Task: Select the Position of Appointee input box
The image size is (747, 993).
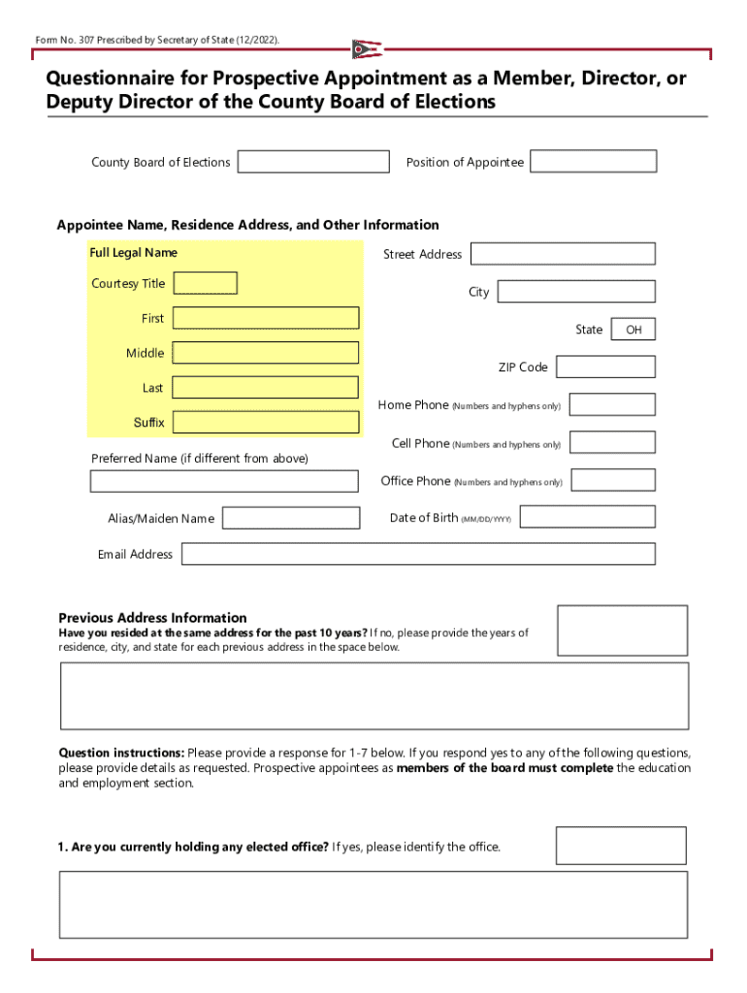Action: pos(593,161)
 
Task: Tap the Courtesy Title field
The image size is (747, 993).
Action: pos(205,283)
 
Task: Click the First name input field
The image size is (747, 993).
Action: pos(265,318)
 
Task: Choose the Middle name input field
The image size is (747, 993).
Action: pos(265,353)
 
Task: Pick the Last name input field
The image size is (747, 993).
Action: pos(265,388)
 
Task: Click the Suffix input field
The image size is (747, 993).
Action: pos(265,422)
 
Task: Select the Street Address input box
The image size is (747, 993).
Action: pos(563,254)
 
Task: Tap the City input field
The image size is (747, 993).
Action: pos(576,291)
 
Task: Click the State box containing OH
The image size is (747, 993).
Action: pos(633,330)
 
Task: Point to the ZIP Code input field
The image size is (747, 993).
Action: pos(605,367)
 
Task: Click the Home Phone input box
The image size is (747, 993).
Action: pos(612,404)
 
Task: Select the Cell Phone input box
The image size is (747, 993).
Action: pos(612,442)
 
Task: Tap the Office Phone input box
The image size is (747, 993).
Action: pos(612,480)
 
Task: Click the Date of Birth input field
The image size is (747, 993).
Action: pos(589,517)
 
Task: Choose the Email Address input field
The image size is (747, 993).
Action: pos(418,554)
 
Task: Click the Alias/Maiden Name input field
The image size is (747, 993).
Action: pos(291,518)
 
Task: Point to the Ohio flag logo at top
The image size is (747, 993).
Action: pos(367,48)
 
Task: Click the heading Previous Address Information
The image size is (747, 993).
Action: pos(152,618)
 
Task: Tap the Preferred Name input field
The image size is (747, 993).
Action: pos(224,481)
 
